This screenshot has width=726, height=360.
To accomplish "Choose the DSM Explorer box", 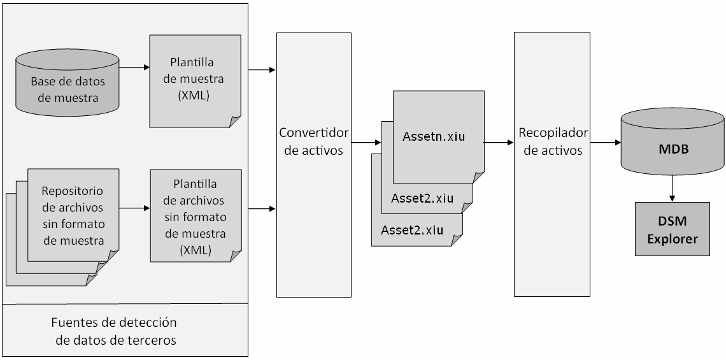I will click(672, 229).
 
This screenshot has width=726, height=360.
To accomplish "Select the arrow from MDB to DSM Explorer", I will click(672, 190).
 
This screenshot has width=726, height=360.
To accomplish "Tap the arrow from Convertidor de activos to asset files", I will click(366, 143).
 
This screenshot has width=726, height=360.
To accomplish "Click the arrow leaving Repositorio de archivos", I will click(133, 208).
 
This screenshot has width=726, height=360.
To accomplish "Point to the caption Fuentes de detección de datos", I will click(115, 331).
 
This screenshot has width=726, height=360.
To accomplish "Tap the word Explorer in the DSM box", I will click(673, 240).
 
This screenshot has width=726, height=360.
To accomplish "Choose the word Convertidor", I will click(314, 133).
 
